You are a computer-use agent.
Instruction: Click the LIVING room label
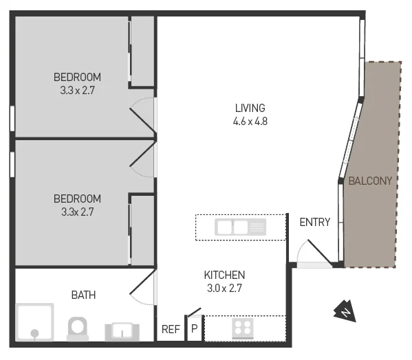click(250, 108)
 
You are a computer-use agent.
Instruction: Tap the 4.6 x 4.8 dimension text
click(250, 121)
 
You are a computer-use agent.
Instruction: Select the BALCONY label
click(370, 181)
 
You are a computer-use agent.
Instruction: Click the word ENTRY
click(315, 222)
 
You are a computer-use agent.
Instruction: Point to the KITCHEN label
click(224, 275)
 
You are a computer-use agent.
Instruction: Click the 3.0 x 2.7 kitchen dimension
click(224, 289)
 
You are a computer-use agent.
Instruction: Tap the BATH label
click(83, 295)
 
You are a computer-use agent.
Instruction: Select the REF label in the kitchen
click(171, 330)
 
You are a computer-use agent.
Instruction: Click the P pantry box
click(194, 329)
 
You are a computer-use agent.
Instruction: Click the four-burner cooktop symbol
click(242, 328)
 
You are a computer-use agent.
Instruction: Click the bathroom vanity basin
click(122, 331)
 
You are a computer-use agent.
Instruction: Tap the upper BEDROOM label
click(78, 76)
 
